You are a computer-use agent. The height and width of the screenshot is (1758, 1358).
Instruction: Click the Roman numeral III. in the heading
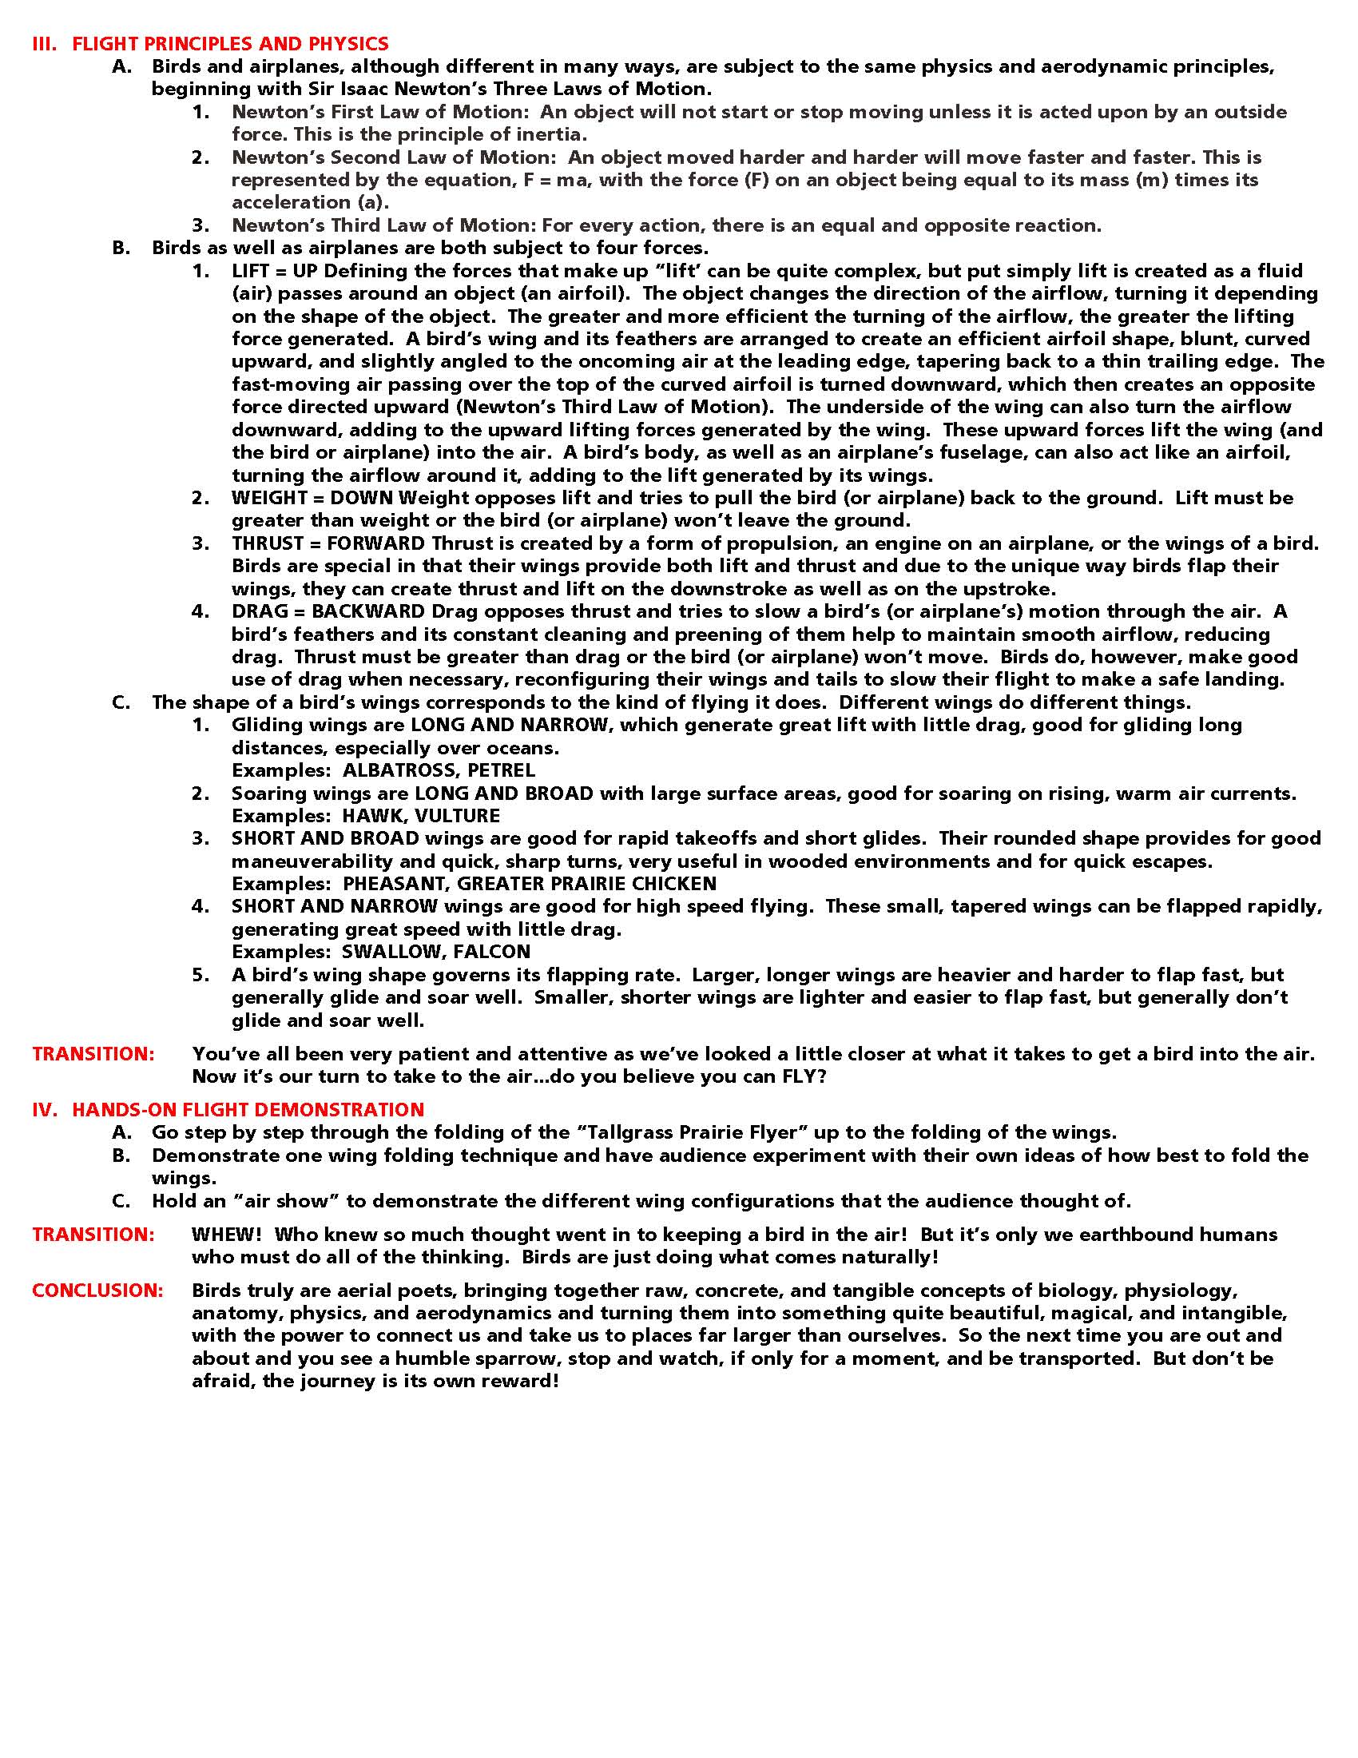[44, 43]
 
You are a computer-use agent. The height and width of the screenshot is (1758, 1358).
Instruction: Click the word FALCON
[491, 952]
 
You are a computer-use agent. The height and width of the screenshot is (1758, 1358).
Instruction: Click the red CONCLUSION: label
[97, 1291]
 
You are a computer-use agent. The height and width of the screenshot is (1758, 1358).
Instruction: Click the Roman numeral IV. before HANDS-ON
[45, 1110]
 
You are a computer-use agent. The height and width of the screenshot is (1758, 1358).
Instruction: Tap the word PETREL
[501, 770]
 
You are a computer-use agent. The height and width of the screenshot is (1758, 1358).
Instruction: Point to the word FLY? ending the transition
[804, 1076]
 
